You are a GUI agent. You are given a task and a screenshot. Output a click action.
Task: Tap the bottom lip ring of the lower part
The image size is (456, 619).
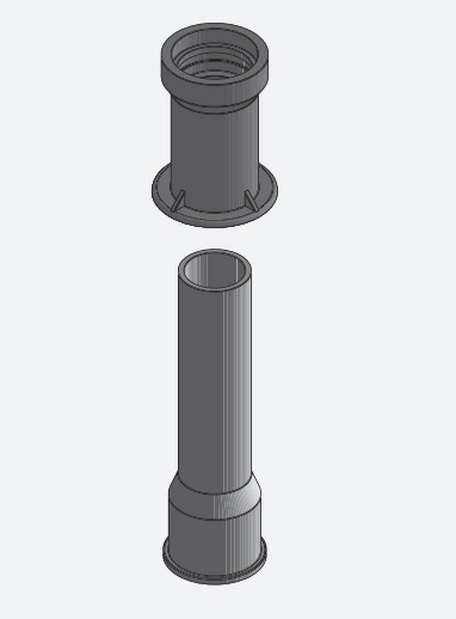coord(214,573)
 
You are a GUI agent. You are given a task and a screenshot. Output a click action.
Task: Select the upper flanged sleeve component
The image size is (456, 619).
coord(214,124)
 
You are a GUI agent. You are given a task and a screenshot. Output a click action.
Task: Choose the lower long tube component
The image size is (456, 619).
coord(214,421)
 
